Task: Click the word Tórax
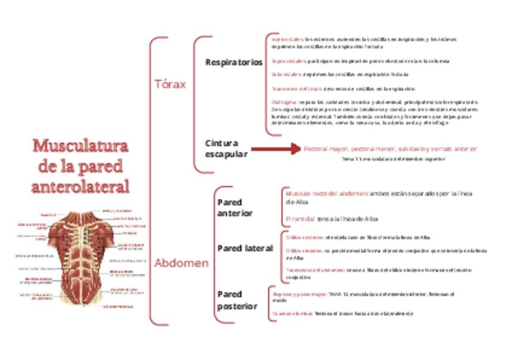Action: [x=170, y=84]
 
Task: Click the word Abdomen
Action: [x=181, y=263]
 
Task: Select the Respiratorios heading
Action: [x=233, y=62]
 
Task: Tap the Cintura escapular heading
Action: [x=222, y=149]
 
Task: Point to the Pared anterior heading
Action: [x=235, y=208]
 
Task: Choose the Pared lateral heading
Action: [x=245, y=248]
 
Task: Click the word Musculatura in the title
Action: [x=80, y=146]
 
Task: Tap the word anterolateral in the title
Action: [x=80, y=186]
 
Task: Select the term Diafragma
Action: [x=280, y=102]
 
